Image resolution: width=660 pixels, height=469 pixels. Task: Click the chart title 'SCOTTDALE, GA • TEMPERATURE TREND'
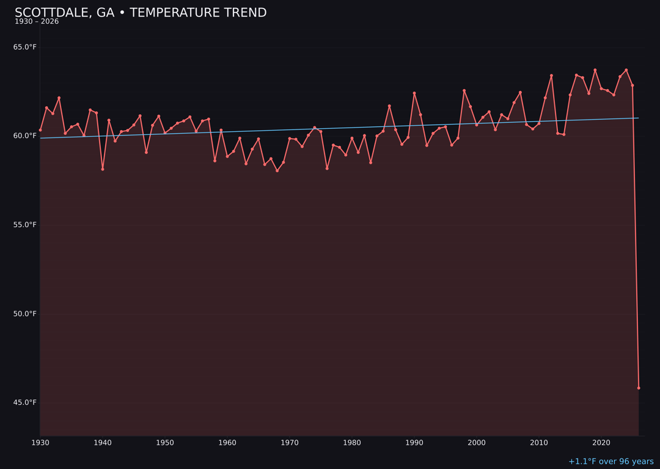[x=141, y=13]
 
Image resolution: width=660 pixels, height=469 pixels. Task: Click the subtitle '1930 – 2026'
[x=37, y=22]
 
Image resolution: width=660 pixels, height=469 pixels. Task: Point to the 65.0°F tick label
[x=25, y=47]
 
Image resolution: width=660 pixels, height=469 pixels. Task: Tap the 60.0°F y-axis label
[x=25, y=136]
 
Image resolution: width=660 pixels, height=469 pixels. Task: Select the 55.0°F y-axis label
[x=25, y=225]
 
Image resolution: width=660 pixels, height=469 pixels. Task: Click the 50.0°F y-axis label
[x=25, y=314]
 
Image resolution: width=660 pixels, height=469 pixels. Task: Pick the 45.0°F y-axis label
[x=25, y=402]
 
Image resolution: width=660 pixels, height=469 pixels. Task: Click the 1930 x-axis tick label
[x=40, y=443]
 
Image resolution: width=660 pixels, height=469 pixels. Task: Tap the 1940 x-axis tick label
[x=103, y=443]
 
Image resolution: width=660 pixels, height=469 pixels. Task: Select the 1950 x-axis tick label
[x=165, y=443]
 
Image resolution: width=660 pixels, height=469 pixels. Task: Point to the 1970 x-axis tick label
[x=290, y=443]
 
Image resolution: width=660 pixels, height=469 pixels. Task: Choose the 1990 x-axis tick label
[x=414, y=443]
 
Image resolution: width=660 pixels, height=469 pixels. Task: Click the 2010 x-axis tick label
[x=539, y=443]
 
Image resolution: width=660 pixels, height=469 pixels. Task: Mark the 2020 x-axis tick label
[x=601, y=443]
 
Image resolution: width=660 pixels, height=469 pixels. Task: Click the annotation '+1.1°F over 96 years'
[x=610, y=462]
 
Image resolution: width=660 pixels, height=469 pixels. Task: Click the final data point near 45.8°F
[x=639, y=388]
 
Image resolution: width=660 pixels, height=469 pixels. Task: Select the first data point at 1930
[x=40, y=130]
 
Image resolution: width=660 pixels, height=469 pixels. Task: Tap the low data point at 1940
[x=103, y=169]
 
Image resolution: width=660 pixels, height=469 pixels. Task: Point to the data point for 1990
[x=414, y=93]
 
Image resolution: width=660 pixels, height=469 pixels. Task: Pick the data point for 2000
[x=477, y=125]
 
